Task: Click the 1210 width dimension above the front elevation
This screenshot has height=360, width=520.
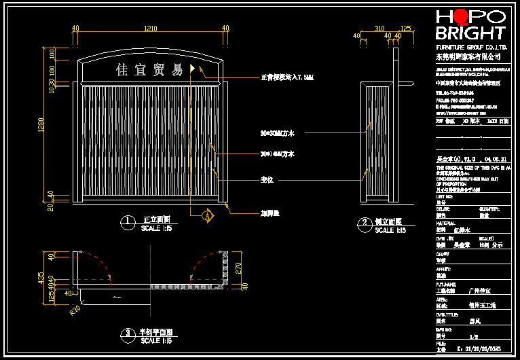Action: pyautogui.click(x=150, y=28)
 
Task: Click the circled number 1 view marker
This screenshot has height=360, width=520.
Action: pyautogui.click(x=125, y=221)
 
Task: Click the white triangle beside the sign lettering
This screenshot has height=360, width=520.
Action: pyautogui.click(x=193, y=69)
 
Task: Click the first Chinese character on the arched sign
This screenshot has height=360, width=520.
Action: pyautogui.click(x=123, y=69)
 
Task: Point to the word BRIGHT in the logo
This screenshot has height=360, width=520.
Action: pyautogui.click(x=470, y=33)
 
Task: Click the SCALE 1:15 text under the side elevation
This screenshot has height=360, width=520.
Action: pyautogui.click(x=390, y=231)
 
